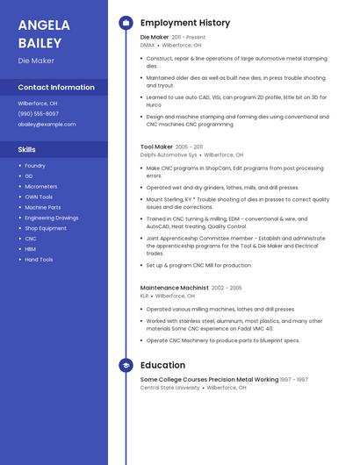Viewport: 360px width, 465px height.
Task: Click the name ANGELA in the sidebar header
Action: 43,25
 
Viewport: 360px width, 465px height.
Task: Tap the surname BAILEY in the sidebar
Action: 40,43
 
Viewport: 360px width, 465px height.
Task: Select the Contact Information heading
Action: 56,87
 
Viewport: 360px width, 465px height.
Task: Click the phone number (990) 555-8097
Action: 39,113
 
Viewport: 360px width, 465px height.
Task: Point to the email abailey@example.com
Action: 47,124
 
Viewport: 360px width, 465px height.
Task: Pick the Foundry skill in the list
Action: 35,165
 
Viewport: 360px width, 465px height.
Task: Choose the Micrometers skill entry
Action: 41,186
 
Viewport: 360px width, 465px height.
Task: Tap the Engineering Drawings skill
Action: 51,218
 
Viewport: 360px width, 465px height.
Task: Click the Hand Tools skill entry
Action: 39,260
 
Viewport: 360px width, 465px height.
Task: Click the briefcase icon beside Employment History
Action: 126,23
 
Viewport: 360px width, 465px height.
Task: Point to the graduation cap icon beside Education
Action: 126,365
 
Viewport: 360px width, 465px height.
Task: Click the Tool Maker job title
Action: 156,147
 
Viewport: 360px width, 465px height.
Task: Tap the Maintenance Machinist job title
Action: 174,288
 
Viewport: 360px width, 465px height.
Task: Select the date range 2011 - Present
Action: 189,38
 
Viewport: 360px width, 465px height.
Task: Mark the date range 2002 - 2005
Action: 227,288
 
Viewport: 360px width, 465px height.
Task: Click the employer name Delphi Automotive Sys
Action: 169,154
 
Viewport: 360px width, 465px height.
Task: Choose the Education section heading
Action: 162,365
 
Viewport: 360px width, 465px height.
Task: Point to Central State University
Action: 170,387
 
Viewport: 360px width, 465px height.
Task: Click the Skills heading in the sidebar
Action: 27,149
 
